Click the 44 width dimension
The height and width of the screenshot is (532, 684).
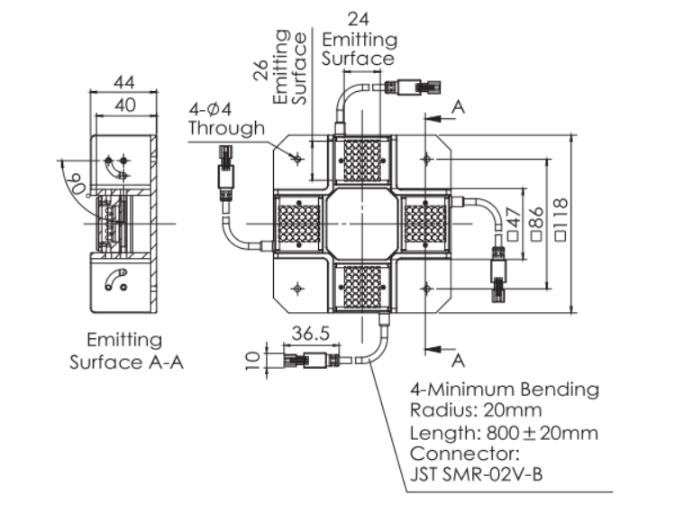point(124,82)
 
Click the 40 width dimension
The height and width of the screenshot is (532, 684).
point(124,105)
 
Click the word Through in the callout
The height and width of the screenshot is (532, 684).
point(226,128)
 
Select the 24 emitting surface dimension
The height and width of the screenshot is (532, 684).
point(359,18)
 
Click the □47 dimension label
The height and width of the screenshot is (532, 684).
point(514,223)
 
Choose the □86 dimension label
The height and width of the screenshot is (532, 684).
point(537,223)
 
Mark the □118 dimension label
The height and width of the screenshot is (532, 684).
point(561,223)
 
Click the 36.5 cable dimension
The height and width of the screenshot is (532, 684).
point(310,333)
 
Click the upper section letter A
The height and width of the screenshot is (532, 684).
point(458,106)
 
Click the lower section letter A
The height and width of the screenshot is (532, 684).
point(458,360)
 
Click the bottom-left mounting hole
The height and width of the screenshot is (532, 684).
point(298,288)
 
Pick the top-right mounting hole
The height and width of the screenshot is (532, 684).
point(427,158)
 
